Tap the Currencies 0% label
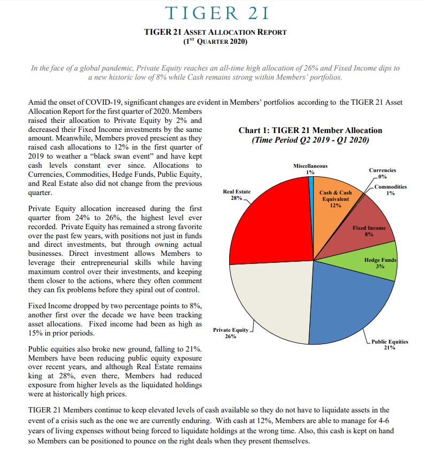tap(382, 173)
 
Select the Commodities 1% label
tap(390, 190)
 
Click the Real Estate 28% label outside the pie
tap(236, 194)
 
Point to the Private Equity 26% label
tap(230, 333)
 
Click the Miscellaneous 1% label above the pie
tap(310, 169)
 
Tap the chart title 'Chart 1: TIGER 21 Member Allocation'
tap(310, 130)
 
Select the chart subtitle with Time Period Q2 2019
tap(310, 140)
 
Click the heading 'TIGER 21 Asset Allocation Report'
tap(215, 32)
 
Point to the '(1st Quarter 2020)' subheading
tap(215, 42)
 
